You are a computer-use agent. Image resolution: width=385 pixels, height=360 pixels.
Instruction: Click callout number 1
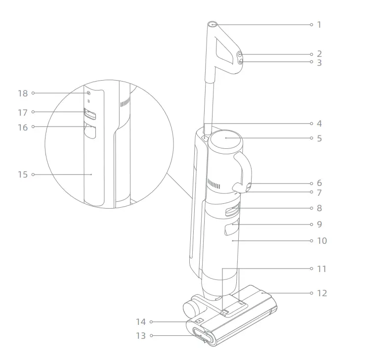(x=319, y=24)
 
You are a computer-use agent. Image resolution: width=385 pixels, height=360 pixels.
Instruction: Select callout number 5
(x=319, y=138)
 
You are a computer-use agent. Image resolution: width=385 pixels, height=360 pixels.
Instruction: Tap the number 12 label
(x=322, y=293)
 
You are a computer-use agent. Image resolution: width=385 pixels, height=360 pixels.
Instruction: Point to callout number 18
(x=23, y=93)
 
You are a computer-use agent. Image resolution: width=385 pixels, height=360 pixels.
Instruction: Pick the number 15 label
(x=23, y=175)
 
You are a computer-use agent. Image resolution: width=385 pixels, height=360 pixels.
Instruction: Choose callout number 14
(x=141, y=322)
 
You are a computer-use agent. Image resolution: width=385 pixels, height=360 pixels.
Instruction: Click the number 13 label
(x=141, y=336)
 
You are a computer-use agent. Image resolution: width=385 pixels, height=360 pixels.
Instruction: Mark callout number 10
(x=322, y=241)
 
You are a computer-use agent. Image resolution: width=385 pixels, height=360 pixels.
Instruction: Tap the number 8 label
(x=319, y=209)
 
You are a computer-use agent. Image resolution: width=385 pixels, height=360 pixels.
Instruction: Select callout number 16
(x=23, y=127)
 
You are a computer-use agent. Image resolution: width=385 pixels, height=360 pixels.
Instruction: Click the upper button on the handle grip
(x=239, y=54)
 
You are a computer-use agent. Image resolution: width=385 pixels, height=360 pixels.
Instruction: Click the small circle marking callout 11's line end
(x=311, y=269)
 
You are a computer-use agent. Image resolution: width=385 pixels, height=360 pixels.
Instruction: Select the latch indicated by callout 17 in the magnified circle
(x=90, y=115)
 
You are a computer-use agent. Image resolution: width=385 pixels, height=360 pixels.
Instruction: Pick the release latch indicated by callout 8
(x=232, y=211)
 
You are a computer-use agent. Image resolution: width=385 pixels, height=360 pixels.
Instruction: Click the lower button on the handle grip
(x=240, y=62)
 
